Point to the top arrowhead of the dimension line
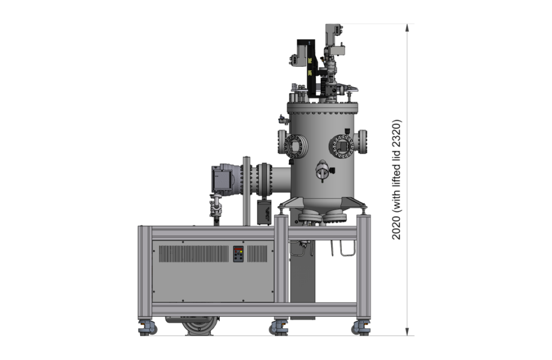[408, 28]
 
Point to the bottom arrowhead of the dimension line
[408, 331]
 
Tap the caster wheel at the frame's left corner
[148, 328]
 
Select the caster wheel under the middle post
[279, 328]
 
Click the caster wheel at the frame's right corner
[361, 328]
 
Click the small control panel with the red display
[238, 254]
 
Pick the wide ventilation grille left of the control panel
[194, 254]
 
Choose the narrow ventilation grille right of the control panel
[257, 254]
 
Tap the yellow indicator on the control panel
[240, 253]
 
